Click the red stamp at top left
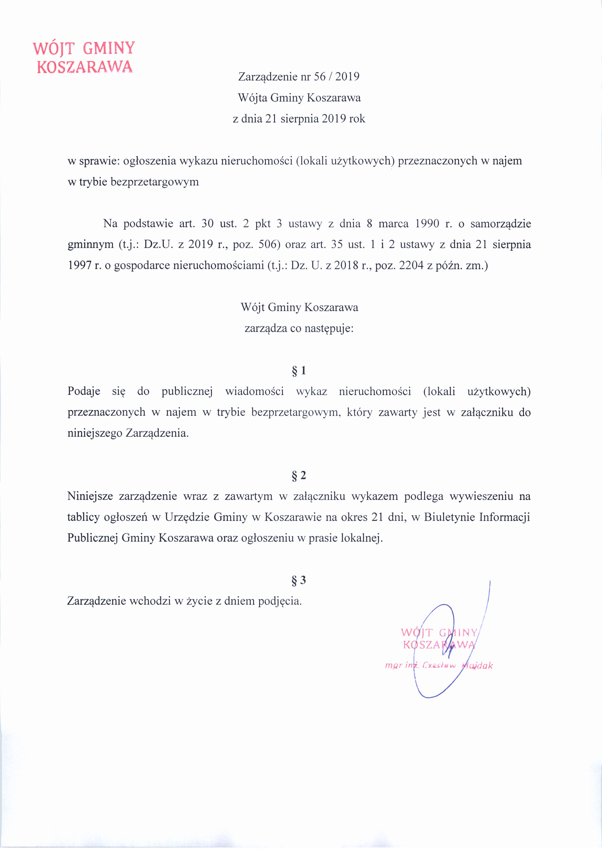[84, 58]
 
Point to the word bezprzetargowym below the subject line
[155, 182]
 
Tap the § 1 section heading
[299, 370]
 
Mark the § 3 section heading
[299, 580]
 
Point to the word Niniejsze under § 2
[90, 496]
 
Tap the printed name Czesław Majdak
[456, 666]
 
